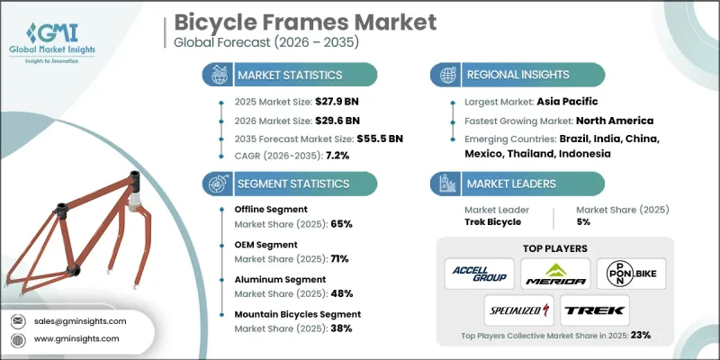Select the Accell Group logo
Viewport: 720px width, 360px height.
pos(481,274)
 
